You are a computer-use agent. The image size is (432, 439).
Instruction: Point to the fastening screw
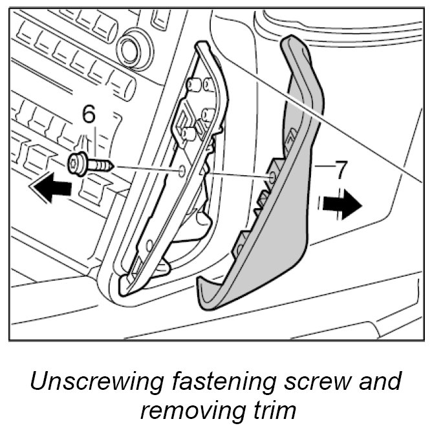pos(91,165)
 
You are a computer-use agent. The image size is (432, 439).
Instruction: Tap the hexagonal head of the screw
pos(77,165)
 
